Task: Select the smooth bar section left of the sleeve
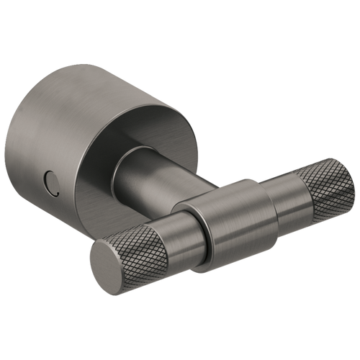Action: tap(180, 234)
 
